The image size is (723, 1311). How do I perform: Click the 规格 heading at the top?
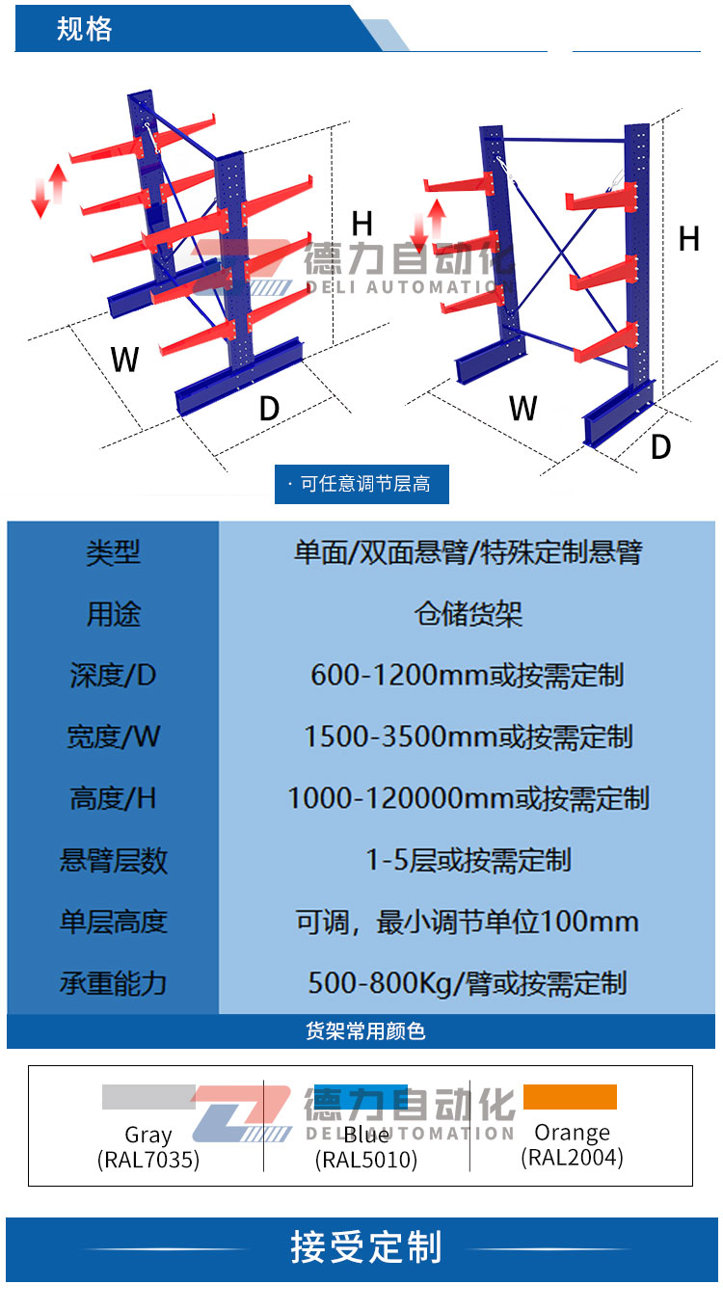coord(84,29)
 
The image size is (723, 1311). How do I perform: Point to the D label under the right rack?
coord(661,446)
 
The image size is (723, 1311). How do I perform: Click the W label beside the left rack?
coord(124,359)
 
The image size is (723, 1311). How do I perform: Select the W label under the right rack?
coord(522,408)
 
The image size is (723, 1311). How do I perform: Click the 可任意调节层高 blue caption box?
coord(361,484)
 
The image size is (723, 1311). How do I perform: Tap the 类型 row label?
coord(113,552)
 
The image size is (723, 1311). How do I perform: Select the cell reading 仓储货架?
coord(468,614)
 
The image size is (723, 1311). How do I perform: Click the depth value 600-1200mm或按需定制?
coord(468,675)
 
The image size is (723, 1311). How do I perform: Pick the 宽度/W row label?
coord(113,736)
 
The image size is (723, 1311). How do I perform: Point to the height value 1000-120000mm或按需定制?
coord(469,798)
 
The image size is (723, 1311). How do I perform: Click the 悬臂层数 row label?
coord(113,860)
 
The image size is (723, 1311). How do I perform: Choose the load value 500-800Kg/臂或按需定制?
coord(468,982)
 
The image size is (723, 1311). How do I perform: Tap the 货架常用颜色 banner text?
coord(365,1031)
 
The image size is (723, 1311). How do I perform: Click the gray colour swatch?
coord(148,1097)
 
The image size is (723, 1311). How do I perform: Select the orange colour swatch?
coord(570,1097)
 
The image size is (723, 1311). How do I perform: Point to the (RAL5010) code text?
coord(366,1160)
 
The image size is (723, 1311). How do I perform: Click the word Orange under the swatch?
coord(572,1133)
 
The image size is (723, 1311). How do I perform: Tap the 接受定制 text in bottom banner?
coord(366,1246)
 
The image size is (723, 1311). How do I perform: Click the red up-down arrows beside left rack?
coord(49,190)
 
